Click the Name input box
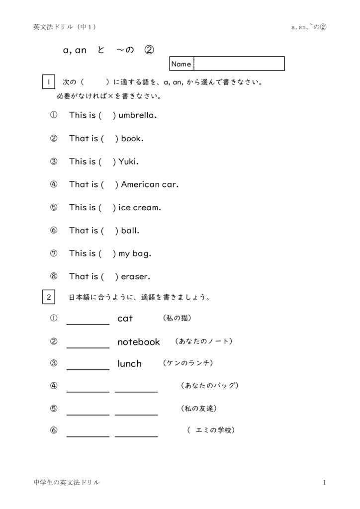coord(239,64)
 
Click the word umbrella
coord(137,115)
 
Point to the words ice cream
coord(139,207)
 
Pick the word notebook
coord(139,342)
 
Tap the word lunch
coord(129,364)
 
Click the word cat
coord(125,319)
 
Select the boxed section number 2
coord(48,298)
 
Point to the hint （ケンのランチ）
coord(188,363)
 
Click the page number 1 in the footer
coord(324,483)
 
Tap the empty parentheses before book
coord(109,139)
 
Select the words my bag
coord(134,254)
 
